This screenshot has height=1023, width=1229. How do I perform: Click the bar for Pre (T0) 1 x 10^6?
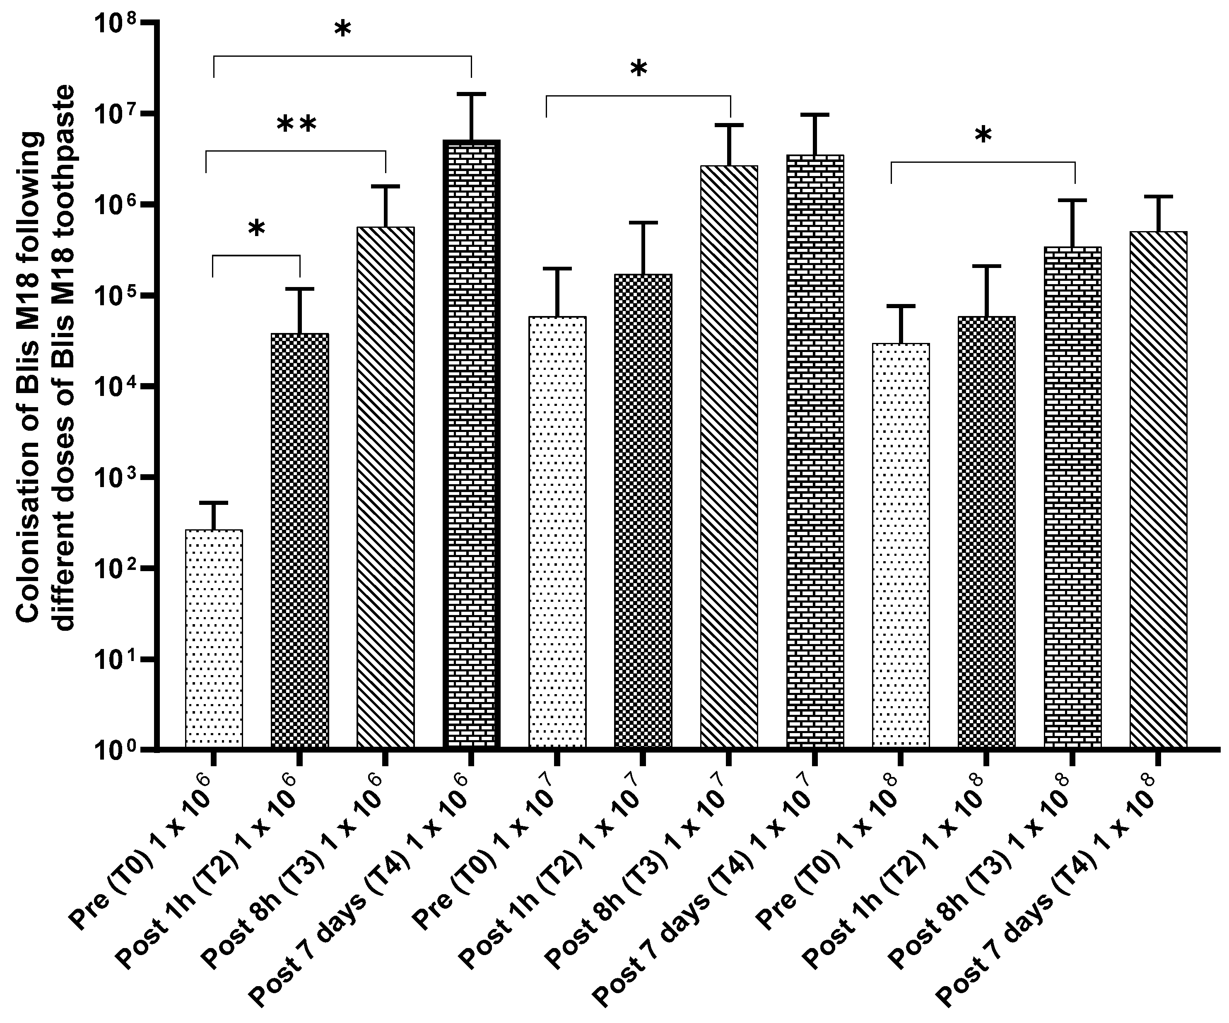point(214,638)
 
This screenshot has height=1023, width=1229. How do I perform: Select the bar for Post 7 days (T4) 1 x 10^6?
point(471,445)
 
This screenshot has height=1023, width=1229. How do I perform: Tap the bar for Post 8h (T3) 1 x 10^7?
point(729,456)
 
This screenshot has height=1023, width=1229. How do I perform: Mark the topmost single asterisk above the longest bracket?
point(342,29)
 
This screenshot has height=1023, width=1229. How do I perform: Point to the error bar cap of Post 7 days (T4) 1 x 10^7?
point(815,114)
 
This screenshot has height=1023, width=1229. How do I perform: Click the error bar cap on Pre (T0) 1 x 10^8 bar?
point(901,306)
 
